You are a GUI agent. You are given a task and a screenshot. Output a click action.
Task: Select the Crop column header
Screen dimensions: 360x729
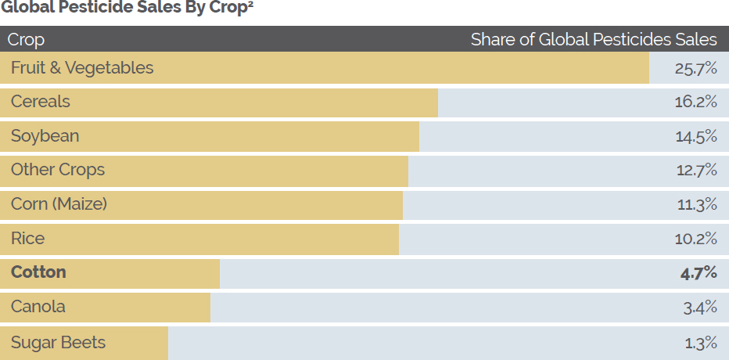click(x=26, y=39)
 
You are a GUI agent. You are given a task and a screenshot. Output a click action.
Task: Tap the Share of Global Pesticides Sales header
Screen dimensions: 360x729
click(x=594, y=39)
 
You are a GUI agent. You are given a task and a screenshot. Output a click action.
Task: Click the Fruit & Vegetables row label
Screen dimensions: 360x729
click(x=82, y=68)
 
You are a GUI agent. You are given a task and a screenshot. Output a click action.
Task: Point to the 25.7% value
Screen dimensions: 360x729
click(x=696, y=68)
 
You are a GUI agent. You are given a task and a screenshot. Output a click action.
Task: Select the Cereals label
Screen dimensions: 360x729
click(x=41, y=102)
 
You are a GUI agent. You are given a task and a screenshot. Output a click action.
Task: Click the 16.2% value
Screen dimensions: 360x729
click(x=696, y=102)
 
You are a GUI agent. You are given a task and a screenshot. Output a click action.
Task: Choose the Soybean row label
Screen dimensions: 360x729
click(x=45, y=136)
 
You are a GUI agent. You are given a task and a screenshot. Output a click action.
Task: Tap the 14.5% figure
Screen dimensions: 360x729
click(x=696, y=136)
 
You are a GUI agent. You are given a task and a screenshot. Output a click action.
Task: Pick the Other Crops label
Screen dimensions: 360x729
click(x=58, y=170)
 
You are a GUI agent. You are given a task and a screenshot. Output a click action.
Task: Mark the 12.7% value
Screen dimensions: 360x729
click(x=696, y=170)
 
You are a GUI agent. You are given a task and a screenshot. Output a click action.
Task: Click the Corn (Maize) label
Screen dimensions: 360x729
click(x=59, y=204)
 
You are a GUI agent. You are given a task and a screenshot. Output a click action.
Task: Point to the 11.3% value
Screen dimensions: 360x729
click(x=696, y=204)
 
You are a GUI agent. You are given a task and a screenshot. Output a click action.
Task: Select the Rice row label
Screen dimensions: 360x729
click(x=28, y=238)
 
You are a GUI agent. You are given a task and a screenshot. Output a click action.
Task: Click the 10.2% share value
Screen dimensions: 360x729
click(x=696, y=238)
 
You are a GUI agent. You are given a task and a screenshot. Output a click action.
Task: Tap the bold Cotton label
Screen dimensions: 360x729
click(x=38, y=272)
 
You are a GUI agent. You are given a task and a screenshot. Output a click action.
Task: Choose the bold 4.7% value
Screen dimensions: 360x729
click(x=698, y=272)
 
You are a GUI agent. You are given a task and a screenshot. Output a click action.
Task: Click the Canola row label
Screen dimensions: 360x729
click(x=38, y=306)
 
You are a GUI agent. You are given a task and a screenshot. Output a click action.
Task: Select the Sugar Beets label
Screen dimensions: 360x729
click(x=58, y=343)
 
